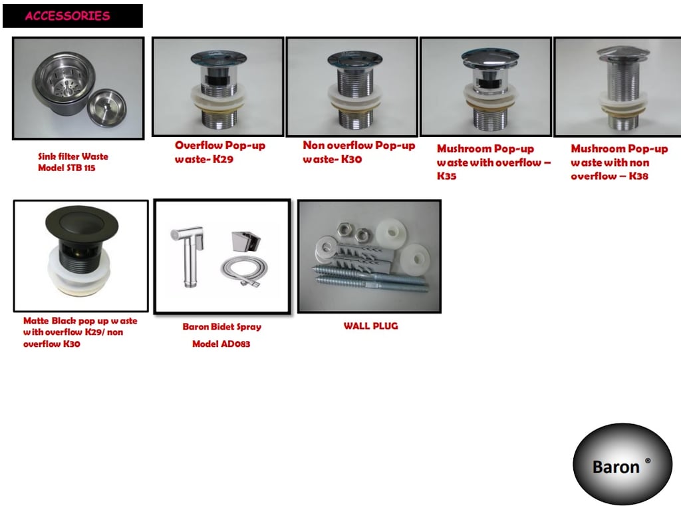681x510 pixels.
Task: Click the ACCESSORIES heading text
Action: coord(67,16)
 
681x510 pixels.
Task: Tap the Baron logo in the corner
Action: coord(622,464)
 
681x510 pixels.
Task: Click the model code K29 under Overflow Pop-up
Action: coord(223,159)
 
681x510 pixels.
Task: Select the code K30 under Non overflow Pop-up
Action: coord(351,159)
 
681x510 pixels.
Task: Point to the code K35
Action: coord(446,176)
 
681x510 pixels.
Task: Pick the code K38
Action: coord(638,176)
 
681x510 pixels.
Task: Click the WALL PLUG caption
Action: coord(370,326)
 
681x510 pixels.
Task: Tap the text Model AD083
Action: coord(221,344)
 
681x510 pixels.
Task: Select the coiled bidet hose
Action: coord(243,271)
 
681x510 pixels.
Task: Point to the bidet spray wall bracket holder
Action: coord(245,240)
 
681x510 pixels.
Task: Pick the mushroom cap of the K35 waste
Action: coord(490,57)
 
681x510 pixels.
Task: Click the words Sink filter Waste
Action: coord(73,156)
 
